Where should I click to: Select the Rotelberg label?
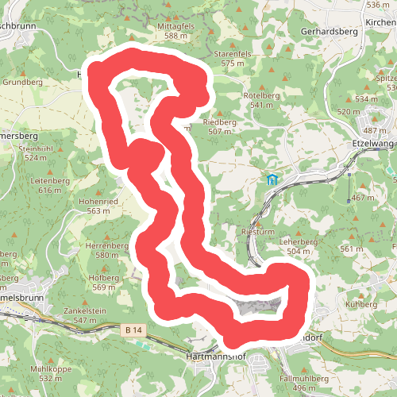[x=266, y=95]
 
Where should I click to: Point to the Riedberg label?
[x=220, y=122]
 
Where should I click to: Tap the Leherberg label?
[x=299, y=241]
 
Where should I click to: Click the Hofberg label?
[x=104, y=278]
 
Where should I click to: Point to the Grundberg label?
[x=22, y=82]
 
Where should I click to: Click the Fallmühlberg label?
[x=304, y=379]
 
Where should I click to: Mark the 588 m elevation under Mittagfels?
[x=175, y=36]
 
